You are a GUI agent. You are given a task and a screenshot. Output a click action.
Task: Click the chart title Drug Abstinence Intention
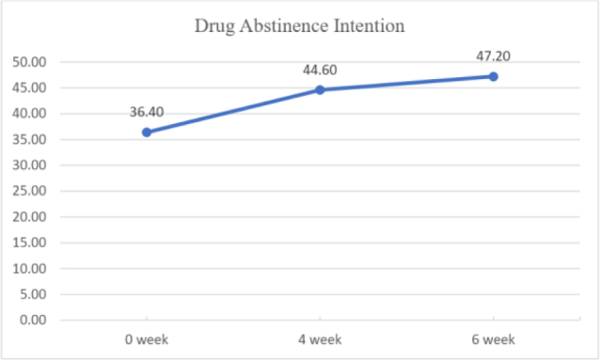(x=300, y=26)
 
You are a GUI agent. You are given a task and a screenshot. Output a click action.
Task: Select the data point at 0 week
(x=147, y=133)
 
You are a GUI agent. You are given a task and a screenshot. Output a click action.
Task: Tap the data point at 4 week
(x=320, y=90)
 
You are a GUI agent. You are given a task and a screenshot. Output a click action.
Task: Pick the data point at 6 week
(x=493, y=76)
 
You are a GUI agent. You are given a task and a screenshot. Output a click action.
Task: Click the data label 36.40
(x=147, y=112)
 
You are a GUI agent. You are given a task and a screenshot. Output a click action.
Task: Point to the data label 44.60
(x=320, y=70)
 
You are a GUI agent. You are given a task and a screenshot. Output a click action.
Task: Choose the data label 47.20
(x=493, y=56)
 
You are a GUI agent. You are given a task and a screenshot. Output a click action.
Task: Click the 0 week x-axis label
(x=147, y=339)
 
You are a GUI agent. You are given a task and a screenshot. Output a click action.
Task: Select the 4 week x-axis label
(x=320, y=339)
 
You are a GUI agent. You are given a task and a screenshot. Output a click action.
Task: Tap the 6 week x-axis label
(x=493, y=339)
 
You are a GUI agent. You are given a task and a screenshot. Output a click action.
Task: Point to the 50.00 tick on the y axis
(x=29, y=62)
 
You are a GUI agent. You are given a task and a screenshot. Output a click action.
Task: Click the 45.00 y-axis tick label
(x=29, y=87)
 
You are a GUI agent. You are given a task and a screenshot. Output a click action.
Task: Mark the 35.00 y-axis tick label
(x=29, y=139)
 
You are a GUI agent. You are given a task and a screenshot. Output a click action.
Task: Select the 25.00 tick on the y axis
(x=29, y=191)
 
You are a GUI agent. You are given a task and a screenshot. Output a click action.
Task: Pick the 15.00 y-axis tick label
(x=29, y=243)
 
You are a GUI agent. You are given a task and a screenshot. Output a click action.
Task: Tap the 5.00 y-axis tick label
(x=33, y=294)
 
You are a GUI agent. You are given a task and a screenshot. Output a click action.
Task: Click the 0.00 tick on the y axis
(x=33, y=320)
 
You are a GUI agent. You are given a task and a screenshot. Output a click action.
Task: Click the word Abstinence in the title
(x=284, y=26)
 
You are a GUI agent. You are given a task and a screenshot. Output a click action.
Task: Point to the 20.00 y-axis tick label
(x=29, y=216)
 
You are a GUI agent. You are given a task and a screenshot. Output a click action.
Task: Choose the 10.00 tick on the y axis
(x=29, y=268)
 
